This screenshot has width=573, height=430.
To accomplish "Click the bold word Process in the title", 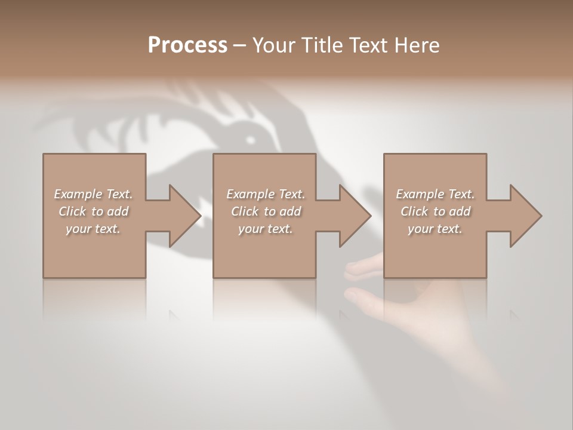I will coord(187,45).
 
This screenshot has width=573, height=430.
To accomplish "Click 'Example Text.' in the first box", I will coord(94,194).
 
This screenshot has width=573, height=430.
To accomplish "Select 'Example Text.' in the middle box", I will coord(266,194).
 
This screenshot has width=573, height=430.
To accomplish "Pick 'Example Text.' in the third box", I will coord(435,194).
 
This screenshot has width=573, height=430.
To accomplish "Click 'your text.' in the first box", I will coord(93,229).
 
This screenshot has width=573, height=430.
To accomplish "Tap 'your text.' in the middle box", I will coord(265,229).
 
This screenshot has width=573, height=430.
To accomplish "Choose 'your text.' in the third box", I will coord(435,229).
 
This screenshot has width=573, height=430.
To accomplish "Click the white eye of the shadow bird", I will coord(250,141).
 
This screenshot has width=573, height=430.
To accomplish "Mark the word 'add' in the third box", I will coord(459,211).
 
